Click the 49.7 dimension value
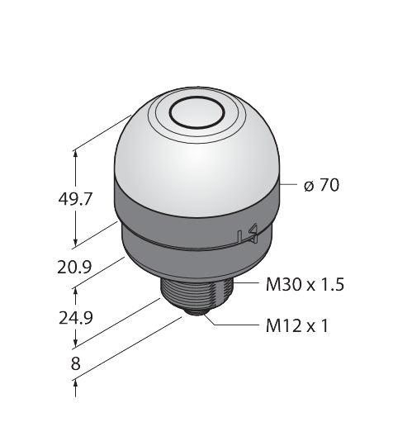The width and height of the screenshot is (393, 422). click(74, 199)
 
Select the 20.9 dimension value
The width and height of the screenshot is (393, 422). click(74, 267)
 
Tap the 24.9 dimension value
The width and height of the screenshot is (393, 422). click(76, 318)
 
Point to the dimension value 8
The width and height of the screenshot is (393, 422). click(75, 363)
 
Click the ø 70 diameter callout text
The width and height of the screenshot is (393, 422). click(321, 185)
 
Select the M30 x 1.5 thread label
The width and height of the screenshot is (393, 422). click(305, 284)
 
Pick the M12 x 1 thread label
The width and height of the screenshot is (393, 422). click(297, 326)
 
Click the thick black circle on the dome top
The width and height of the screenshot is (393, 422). click(197, 112)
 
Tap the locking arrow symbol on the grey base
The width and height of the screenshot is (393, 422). click(249, 235)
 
